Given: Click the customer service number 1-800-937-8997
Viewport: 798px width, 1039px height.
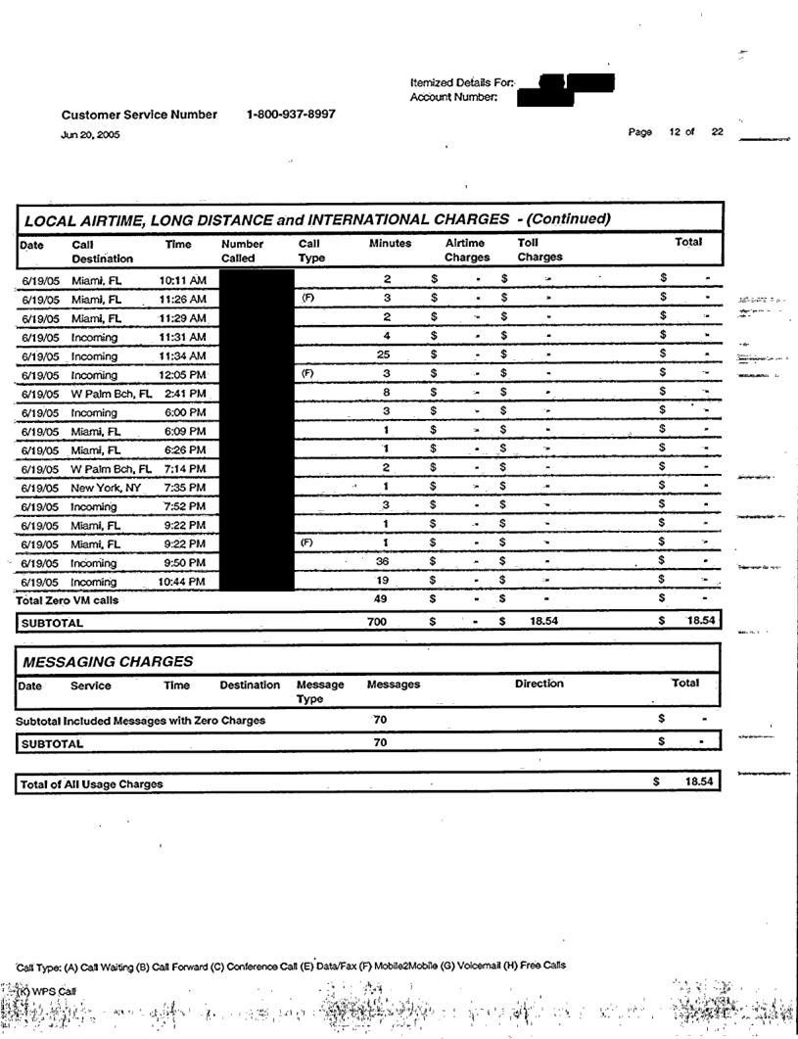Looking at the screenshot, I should [291, 115].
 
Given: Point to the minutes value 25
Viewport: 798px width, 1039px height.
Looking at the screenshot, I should [388, 355].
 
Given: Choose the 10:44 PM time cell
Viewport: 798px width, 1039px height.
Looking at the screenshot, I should [182, 582].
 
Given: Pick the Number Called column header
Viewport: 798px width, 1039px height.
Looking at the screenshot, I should [244, 251].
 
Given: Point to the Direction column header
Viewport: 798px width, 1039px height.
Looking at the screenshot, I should [539, 685].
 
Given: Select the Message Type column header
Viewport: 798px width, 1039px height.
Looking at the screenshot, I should [320, 691].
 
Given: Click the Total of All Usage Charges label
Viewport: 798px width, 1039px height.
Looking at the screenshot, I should [92, 783].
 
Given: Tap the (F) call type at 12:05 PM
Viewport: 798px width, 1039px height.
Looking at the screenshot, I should [306, 374].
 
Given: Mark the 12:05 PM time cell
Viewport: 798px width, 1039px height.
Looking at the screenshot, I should [182, 375].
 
